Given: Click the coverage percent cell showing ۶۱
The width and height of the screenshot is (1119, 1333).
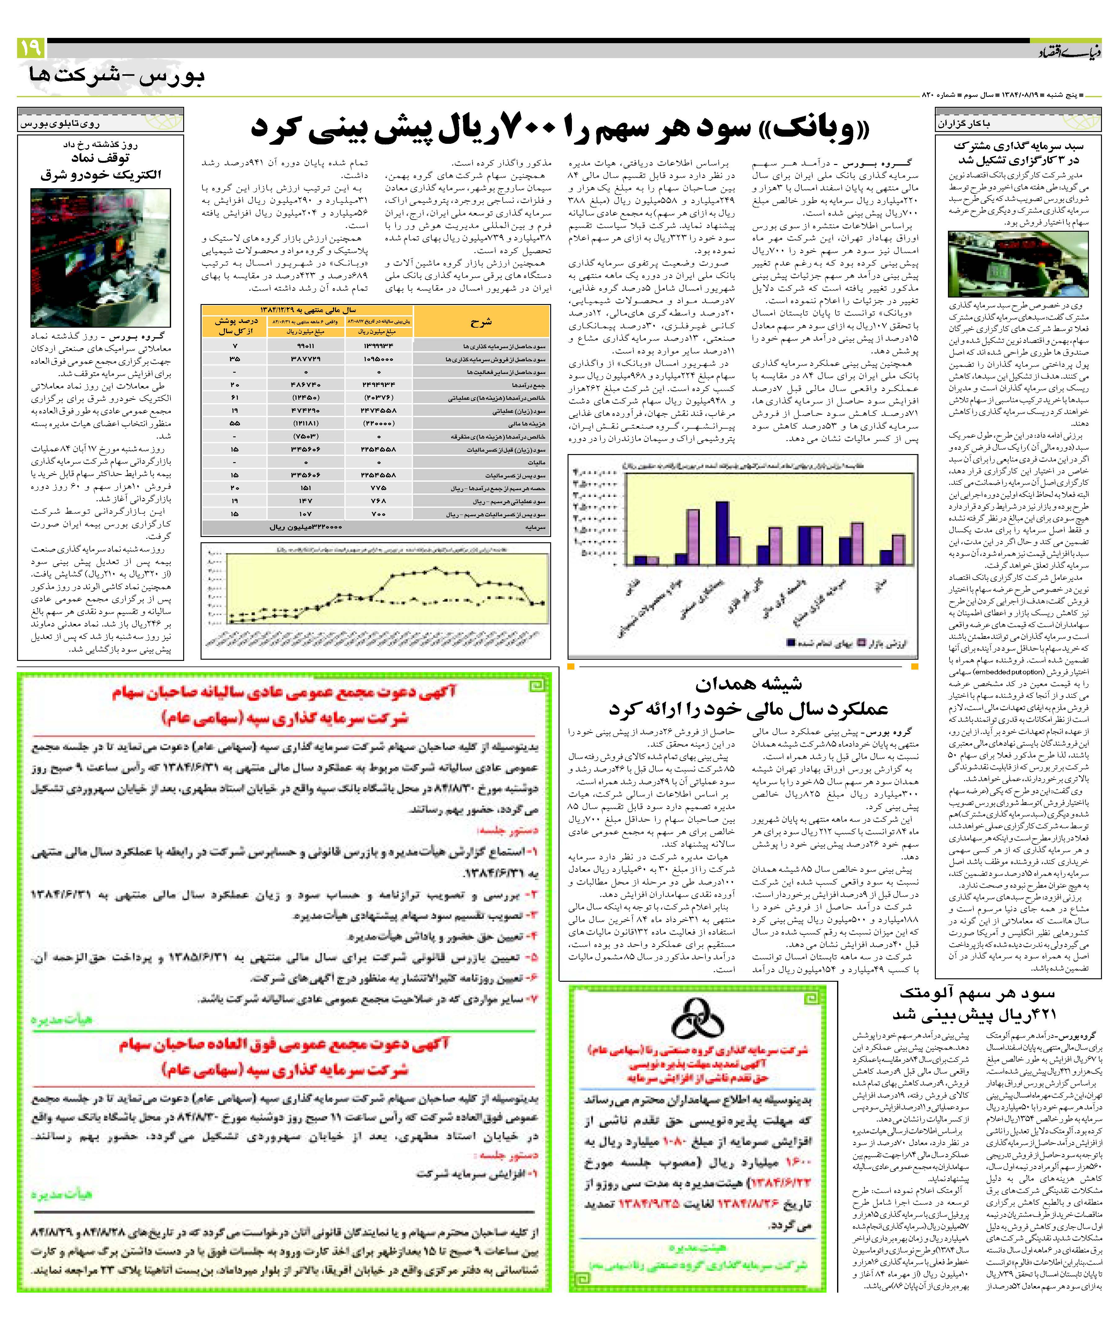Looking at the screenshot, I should [235, 397].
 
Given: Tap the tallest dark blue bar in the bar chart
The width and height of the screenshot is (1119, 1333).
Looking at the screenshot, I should [722, 532].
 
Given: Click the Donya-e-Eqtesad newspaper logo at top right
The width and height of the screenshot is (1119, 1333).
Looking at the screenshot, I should [1073, 51].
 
